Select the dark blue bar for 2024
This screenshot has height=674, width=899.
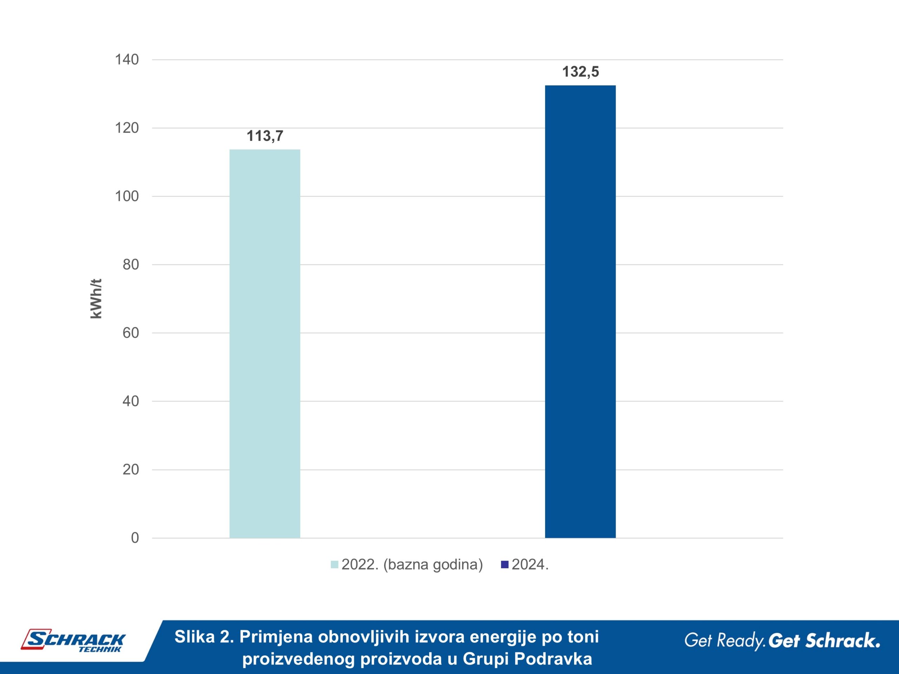pyautogui.click(x=580, y=312)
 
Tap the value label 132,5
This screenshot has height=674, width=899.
pyautogui.click(x=580, y=72)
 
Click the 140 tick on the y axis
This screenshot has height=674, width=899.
pyautogui.click(x=127, y=60)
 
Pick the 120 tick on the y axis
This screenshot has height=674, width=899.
pyautogui.click(x=127, y=128)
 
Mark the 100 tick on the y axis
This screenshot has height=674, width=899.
pyautogui.click(x=127, y=196)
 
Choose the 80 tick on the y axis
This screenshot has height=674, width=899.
pyautogui.click(x=131, y=264)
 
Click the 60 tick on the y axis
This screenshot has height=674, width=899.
pyautogui.click(x=131, y=333)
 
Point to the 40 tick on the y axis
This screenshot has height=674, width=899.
pyautogui.click(x=131, y=401)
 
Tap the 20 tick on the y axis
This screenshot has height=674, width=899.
pyautogui.click(x=131, y=469)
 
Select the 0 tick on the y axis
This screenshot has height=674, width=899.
pyautogui.click(x=135, y=537)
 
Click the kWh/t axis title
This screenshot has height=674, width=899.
pyautogui.click(x=96, y=299)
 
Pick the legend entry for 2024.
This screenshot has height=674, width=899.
pyautogui.click(x=525, y=565)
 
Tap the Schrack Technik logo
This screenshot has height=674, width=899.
pyautogui.click(x=73, y=641)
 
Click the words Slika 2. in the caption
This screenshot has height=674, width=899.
pyautogui.click(x=204, y=637)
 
